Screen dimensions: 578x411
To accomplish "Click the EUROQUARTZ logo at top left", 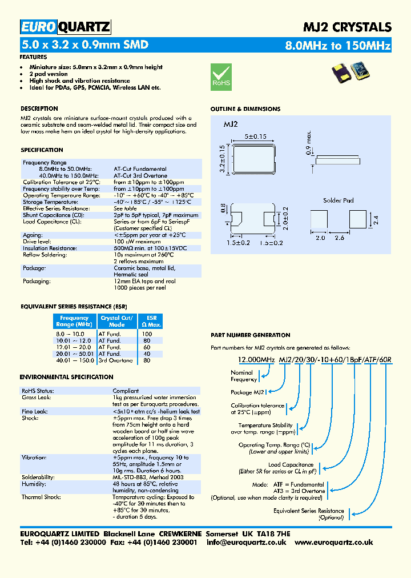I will [65, 27].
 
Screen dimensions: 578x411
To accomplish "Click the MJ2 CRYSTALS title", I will [346, 27].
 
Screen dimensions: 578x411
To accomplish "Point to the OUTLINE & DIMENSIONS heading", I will [245, 109].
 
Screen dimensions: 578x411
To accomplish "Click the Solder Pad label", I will [339, 200].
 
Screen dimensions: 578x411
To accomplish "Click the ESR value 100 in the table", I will [147, 334].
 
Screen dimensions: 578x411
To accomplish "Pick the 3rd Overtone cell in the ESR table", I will [116, 360].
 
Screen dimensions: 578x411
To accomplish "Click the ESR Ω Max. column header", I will [151, 321].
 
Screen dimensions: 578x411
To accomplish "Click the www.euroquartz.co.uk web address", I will [334, 543].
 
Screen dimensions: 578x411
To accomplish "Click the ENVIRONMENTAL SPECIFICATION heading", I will [66, 377].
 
